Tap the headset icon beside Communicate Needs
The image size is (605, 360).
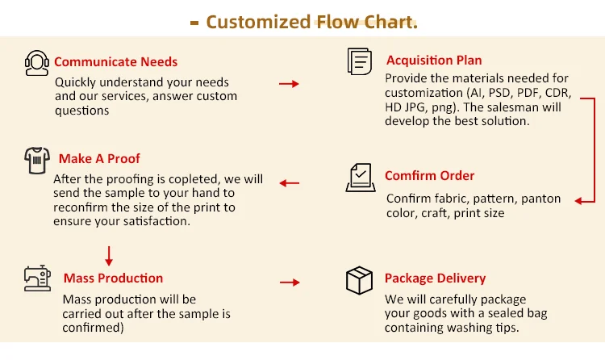[37, 62]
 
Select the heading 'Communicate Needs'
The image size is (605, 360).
[116, 61]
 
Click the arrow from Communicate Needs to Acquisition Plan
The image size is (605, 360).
[289, 83]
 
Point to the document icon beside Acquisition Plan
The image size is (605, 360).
[359, 61]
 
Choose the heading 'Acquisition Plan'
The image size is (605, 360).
[434, 61]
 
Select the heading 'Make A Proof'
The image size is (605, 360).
[98, 159]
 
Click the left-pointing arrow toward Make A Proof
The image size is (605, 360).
[289, 183]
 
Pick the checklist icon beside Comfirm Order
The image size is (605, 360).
[359, 177]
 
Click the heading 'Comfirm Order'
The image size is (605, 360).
[429, 176]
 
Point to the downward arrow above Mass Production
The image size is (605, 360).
[109, 257]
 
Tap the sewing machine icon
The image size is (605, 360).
[37, 279]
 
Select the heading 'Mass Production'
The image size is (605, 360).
[113, 278]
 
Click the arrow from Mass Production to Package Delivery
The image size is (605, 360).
[289, 283]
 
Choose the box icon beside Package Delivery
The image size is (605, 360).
[359, 280]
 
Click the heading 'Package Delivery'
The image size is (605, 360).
[435, 278]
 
